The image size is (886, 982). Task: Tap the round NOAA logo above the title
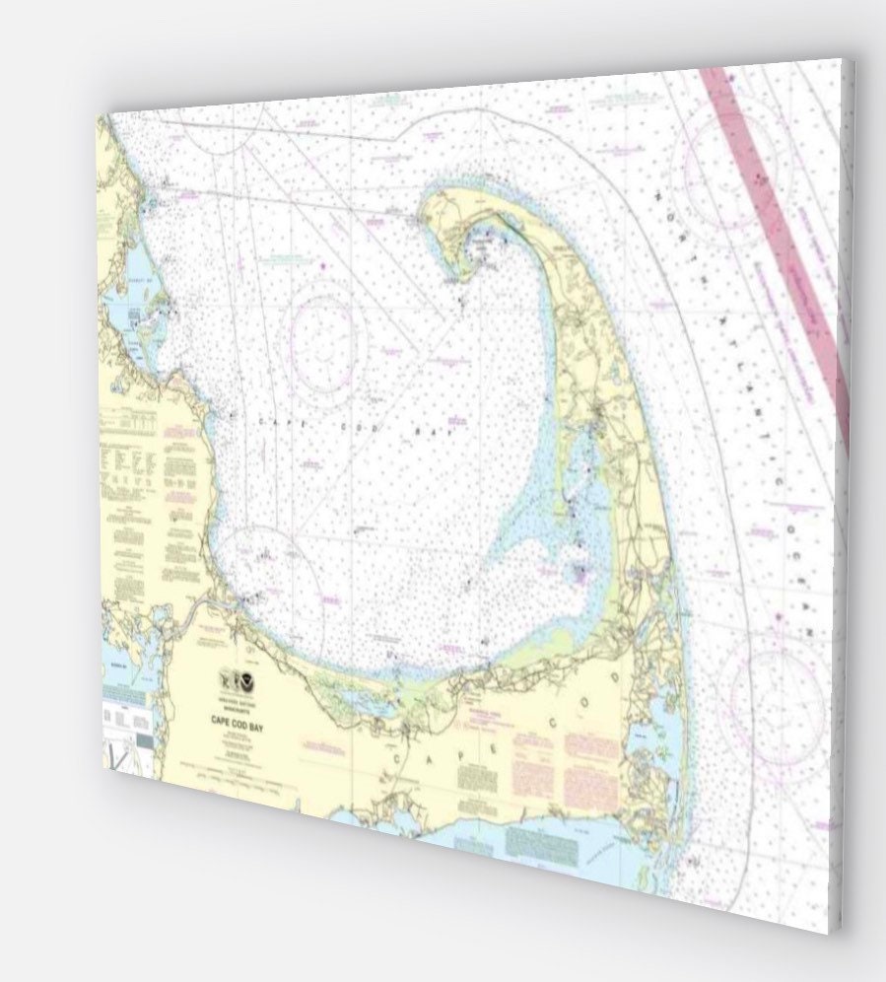click(x=253, y=680)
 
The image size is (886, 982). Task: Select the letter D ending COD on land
click(x=617, y=679)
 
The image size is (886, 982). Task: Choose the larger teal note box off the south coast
click(x=538, y=842)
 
